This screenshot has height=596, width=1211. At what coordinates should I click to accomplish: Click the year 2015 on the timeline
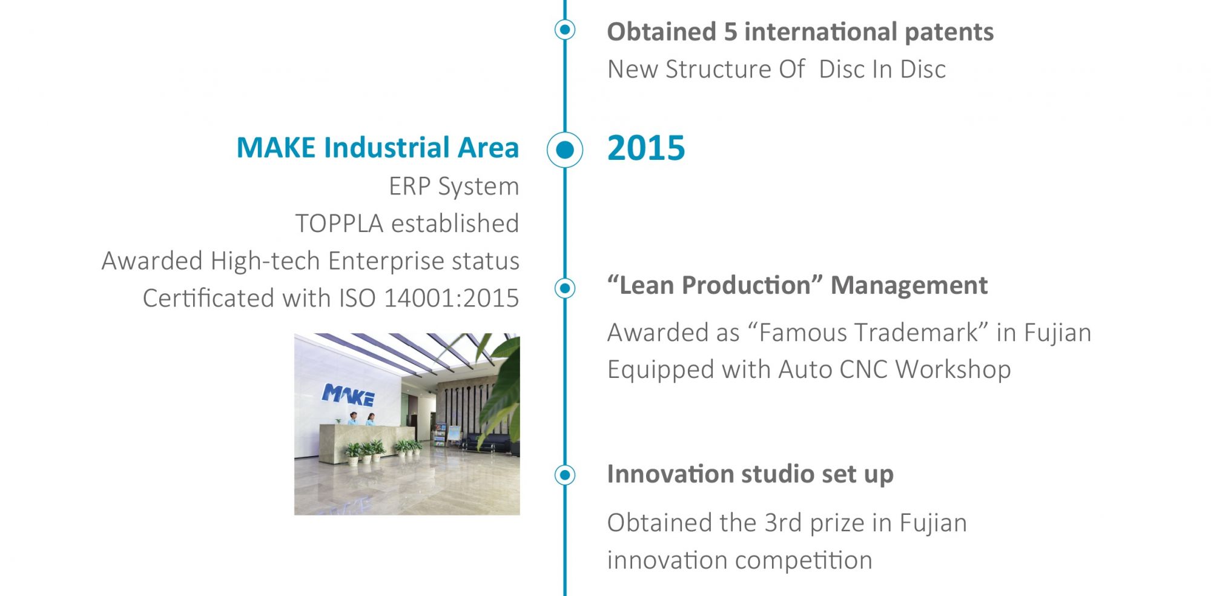[646, 148]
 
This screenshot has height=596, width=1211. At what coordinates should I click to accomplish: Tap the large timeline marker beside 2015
[565, 150]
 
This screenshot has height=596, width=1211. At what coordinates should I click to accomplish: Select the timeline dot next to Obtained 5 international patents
[565, 29]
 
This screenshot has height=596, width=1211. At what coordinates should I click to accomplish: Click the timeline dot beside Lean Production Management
[565, 288]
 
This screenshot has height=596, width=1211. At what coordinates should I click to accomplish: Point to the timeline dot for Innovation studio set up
[565, 475]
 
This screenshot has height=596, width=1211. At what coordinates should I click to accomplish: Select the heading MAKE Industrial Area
[378, 148]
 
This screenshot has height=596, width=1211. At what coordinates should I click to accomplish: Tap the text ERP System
[454, 187]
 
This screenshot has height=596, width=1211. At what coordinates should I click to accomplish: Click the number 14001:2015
[452, 298]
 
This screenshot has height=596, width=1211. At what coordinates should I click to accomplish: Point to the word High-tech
[265, 261]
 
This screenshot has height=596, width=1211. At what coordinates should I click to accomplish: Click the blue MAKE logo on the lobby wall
[348, 395]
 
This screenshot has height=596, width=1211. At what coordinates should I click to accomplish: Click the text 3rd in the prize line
[783, 523]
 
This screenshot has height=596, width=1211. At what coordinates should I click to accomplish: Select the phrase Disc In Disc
[882, 70]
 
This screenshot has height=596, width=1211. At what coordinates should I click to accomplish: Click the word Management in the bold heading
[909, 285]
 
